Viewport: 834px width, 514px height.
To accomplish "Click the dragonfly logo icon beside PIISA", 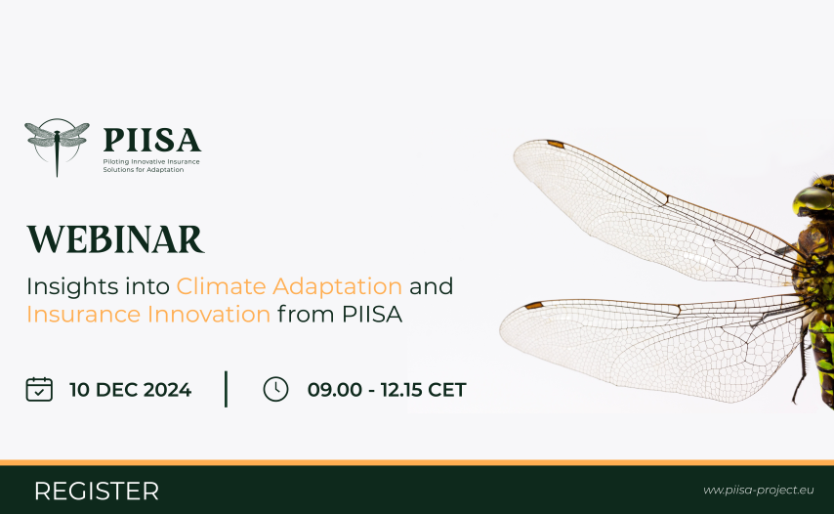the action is coord(57,147).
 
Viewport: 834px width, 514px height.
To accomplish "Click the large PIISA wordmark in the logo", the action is coord(152,141).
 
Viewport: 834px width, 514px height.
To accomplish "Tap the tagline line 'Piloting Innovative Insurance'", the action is coord(151,162).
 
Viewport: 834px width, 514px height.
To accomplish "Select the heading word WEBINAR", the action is coord(115,239).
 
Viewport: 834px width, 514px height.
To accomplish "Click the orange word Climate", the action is coord(221,286).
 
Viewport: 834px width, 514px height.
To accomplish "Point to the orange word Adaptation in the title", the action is coord(337,287).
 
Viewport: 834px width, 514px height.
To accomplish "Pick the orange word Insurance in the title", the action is coord(83,315).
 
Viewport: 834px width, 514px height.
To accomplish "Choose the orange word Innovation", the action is coord(209,315).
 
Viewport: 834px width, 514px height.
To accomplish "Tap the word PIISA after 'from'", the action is coord(372,315).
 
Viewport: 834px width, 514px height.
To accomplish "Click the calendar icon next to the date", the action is coord(39,389).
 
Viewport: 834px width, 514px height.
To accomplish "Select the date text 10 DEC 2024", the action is coord(130,390).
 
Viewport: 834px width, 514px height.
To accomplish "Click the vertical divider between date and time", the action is coord(226,389).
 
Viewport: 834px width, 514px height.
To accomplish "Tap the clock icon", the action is coord(275,389).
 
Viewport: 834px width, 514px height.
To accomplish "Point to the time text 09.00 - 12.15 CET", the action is coord(387,390).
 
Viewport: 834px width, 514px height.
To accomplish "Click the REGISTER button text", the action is coord(97,492).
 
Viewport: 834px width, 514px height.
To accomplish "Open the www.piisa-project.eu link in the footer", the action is coord(759,490).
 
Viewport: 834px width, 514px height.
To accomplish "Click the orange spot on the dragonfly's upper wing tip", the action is coord(556,144).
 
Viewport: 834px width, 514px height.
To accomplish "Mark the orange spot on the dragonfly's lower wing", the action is coord(533,306).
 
